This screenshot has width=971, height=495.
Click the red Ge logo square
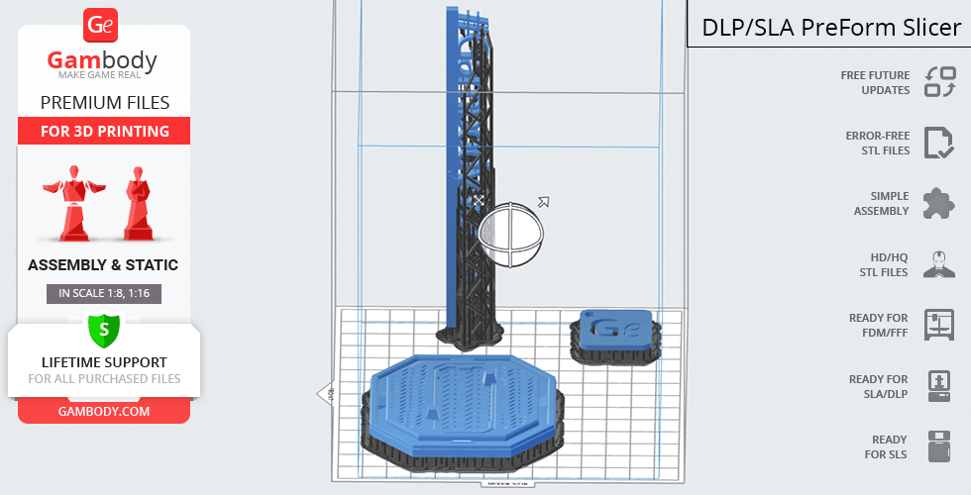tap(100, 26)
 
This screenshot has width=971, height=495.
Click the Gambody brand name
tap(102, 60)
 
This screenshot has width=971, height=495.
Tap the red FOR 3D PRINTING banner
tap(104, 131)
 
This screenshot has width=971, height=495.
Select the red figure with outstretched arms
tap(74, 202)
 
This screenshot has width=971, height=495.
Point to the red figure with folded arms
tap(138, 203)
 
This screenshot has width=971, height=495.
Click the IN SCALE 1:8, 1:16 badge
tap(104, 293)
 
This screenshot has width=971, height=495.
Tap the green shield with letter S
tap(103, 330)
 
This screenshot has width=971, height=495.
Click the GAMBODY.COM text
tap(104, 412)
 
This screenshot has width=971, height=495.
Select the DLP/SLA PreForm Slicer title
tap(831, 28)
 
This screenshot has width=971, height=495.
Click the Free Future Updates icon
tap(940, 82)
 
